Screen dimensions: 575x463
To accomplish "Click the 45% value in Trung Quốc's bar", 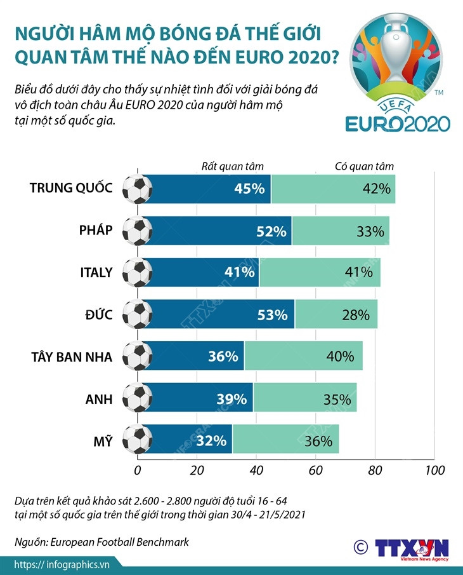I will tap(249, 189).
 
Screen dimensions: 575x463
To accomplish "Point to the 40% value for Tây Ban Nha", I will tap(340, 356).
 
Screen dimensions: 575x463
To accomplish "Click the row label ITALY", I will tap(96, 273).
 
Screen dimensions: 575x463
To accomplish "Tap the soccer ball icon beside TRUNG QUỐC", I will tap(137, 189).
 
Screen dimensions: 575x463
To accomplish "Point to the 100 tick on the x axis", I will tap(434, 471).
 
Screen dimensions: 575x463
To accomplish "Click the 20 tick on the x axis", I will tap(197, 471).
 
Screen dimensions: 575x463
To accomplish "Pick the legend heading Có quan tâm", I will tap(364, 166).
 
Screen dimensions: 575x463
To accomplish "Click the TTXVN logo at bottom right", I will tap(412, 550).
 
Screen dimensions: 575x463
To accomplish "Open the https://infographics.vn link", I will tap(62, 564).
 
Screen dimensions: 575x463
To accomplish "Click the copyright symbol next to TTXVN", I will tap(360, 547).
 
